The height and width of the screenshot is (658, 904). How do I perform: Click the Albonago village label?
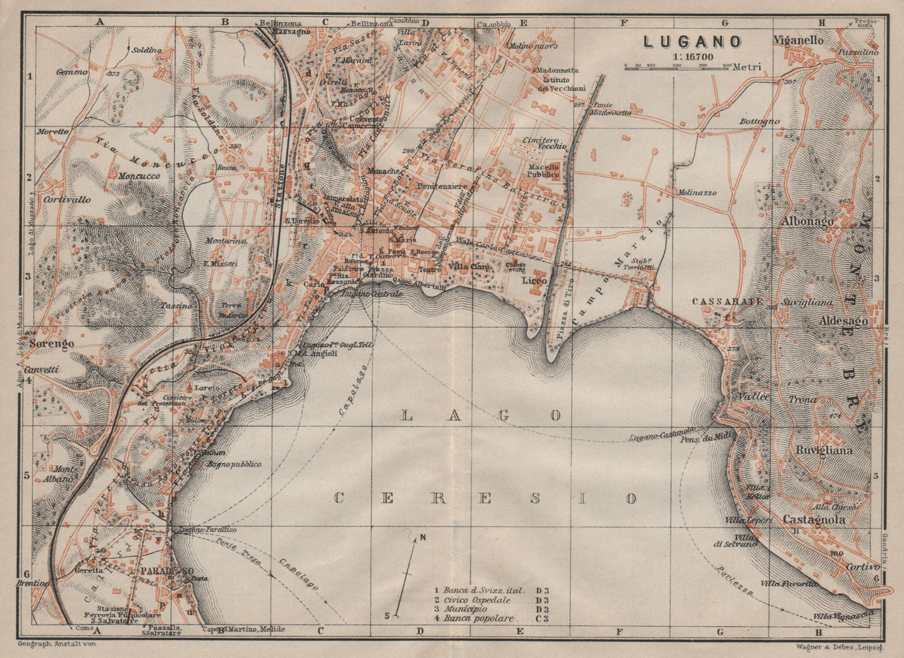(x=807, y=222)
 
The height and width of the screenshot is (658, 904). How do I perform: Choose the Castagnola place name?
(x=814, y=520)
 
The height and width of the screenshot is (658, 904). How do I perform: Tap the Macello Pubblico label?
(x=544, y=171)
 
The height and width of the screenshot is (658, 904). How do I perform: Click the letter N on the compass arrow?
(x=422, y=538)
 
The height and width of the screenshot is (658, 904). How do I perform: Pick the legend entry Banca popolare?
(x=479, y=618)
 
